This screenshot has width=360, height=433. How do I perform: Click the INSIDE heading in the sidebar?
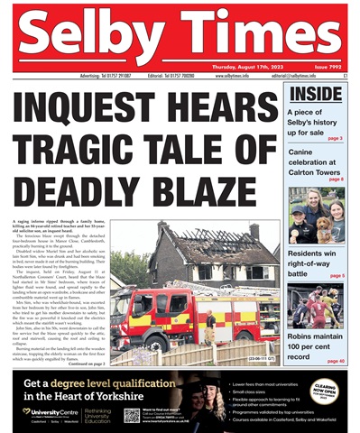317,93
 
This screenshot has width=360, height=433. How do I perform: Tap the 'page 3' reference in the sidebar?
334,138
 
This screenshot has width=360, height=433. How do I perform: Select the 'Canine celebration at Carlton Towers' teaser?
316,162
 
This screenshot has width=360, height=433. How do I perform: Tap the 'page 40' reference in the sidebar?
334,361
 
